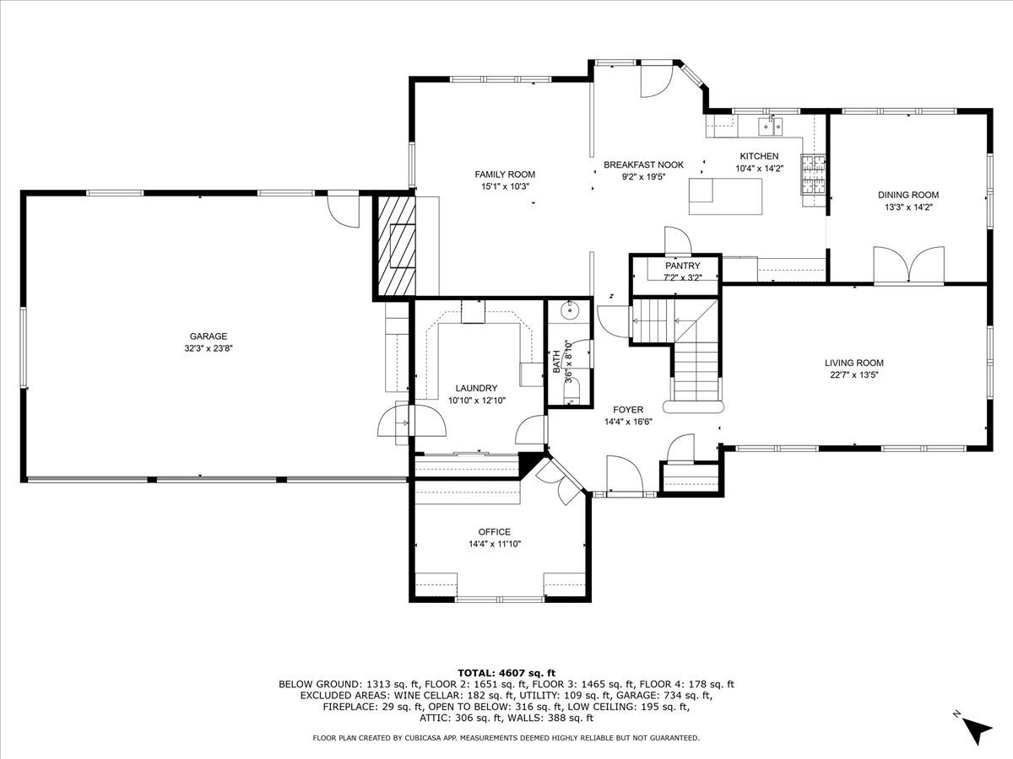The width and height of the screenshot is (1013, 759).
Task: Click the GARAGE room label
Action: [208, 336]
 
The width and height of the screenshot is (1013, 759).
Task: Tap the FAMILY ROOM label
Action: [505, 175]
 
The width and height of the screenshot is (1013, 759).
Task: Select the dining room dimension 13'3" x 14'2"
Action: [907, 206]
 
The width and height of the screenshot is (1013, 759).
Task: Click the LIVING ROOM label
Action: [854, 363]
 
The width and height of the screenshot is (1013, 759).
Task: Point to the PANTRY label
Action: [682, 266]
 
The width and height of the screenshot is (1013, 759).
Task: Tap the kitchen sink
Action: [769, 126]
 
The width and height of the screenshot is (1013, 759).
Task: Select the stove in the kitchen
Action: [813, 176]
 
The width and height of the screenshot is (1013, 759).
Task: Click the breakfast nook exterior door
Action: [654, 79]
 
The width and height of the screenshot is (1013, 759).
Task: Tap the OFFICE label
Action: [495, 532]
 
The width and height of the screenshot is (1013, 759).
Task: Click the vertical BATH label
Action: [557, 362]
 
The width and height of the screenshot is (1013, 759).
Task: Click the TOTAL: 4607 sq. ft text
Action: [506, 672]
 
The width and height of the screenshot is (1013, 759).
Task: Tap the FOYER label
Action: [628, 410]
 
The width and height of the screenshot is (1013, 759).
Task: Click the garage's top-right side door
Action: [344, 210]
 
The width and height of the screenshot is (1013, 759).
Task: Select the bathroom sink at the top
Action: [571, 310]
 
